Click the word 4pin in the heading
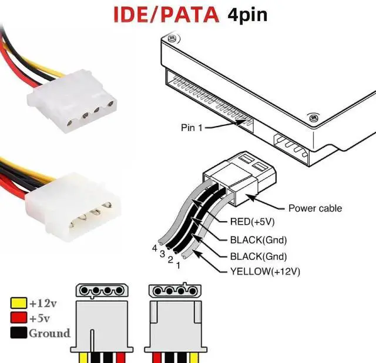coord(247,14)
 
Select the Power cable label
coord(314,208)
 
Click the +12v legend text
coord(43,304)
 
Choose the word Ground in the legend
coord(49,334)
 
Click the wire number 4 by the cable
coord(155,248)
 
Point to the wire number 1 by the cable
coord(177,266)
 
